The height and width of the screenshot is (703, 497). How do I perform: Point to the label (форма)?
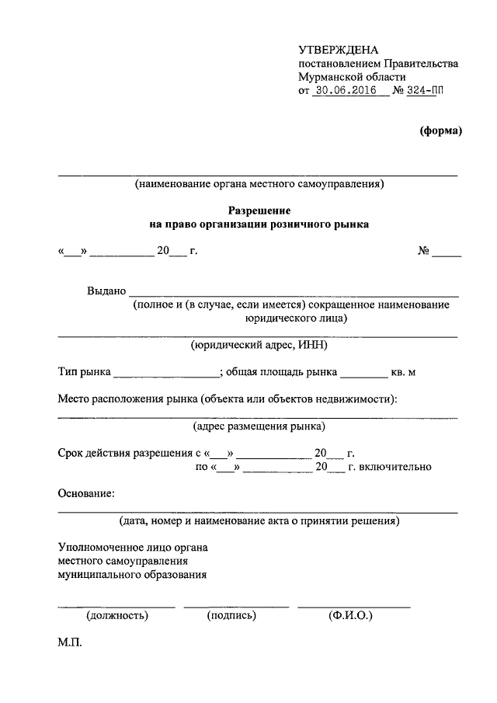click(x=440, y=131)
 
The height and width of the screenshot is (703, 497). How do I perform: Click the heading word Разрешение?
click(x=259, y=211)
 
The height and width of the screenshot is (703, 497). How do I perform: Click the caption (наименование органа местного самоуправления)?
click(x=259, y=185)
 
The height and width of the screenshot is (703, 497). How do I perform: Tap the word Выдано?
click(x=106, y=291)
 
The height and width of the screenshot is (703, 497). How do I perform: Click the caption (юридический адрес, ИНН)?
click(x=259, y=345)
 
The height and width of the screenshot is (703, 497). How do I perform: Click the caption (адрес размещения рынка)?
click(x=259, y=426)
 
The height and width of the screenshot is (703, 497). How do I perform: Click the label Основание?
click(x=86, y=493)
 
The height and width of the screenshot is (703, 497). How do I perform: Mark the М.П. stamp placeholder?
click(x=69, y=645)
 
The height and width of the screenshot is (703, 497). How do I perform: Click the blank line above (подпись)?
click(x=236, y=604)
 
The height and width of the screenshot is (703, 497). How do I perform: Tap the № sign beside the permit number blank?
click(x=424, y=252)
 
